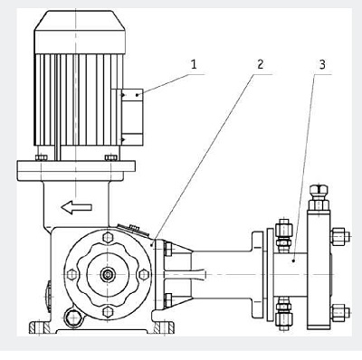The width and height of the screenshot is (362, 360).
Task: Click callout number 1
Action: [x=194, y=64]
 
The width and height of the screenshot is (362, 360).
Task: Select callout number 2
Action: [x=260, y=64]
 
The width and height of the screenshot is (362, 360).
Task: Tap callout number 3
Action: [x=322, y=64]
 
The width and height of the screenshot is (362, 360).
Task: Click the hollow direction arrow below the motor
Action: [x=76, y=207]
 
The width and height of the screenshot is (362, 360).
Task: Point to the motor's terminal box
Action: [x=132, y=117]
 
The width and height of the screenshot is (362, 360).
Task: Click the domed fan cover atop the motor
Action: [x=80, y=33]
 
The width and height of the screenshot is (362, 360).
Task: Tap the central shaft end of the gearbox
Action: [x=108, y=274]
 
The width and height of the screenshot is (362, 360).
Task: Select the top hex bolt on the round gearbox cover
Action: [x=108, y=237]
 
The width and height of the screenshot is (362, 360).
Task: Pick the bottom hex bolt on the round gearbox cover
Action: [x=108, y=311]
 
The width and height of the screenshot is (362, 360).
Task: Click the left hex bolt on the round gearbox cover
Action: [x=71, y=274]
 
